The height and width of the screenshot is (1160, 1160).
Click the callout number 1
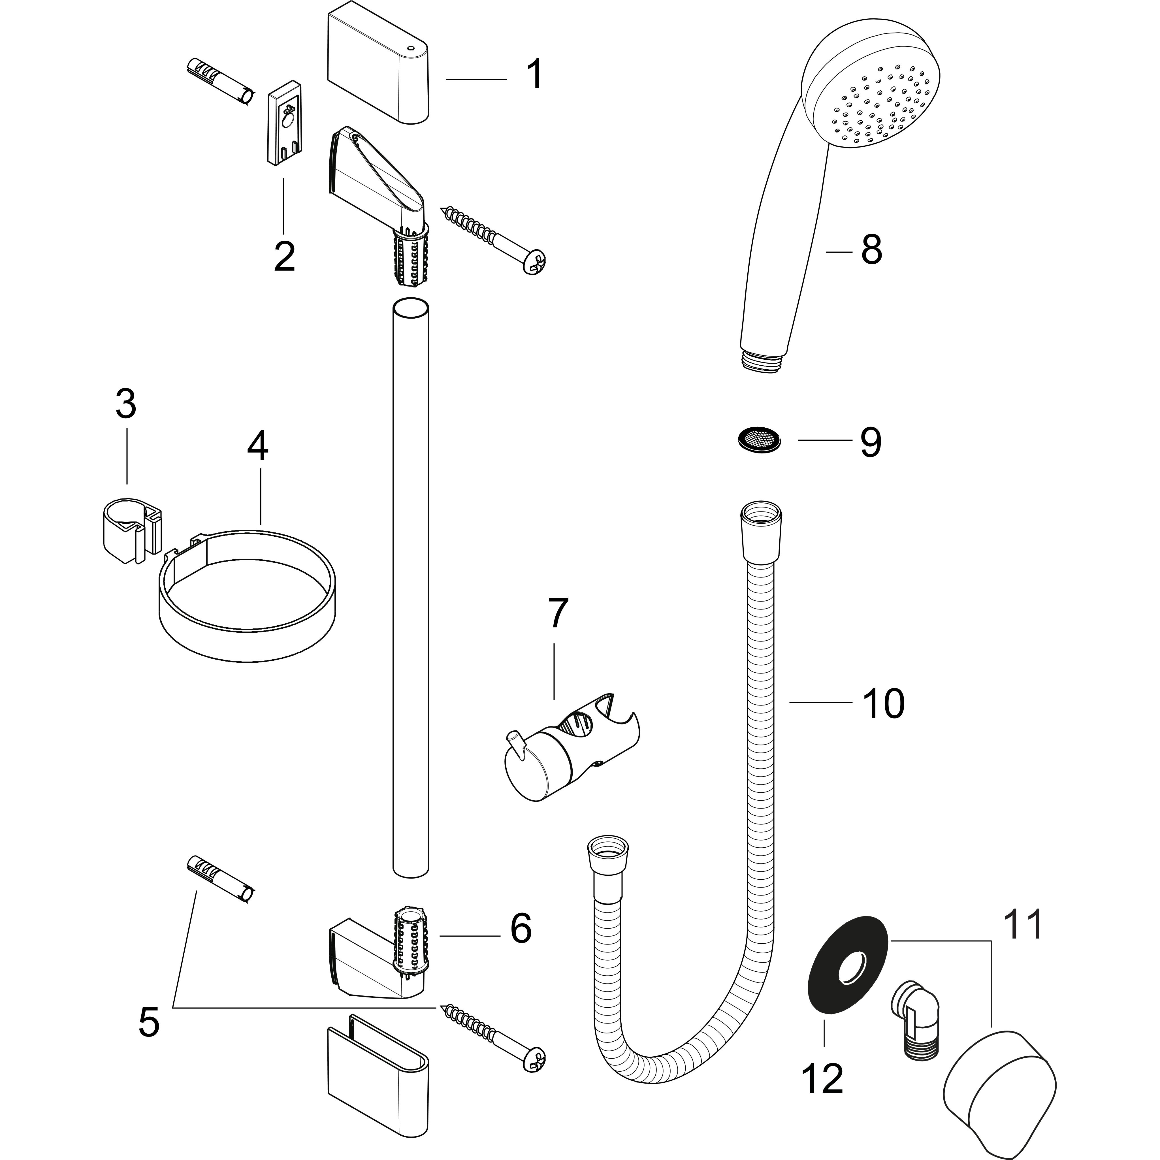click(x=534, y=74)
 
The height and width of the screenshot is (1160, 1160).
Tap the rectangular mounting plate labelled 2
click(x=285, y=121)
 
